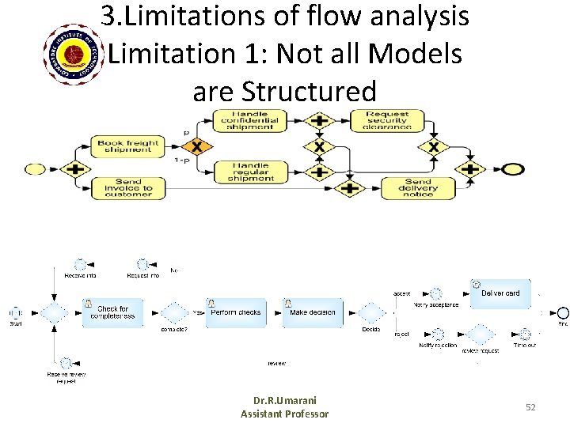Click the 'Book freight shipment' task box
pyautogui.click(x=127, y=146)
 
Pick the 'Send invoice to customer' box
pyautogui.click(x=127, y=187)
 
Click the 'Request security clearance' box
pyautogui.click(x=387, y=120)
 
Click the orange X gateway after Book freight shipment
pyautogui.click(x=197, y=146)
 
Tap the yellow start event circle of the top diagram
pyautogui.click(x=36, y=168)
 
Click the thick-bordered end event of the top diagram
pyautogui.click(x=513, y=168)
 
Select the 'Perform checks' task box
pyautogui.click(x=234, y=312)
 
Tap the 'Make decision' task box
pyautogui.click(x=313, y=312)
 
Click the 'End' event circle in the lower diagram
pyautogui.click(x=562, y=312)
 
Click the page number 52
pyautogui.click(x=530, y=406)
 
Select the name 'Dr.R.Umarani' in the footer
pyautogui.click(x=285, y=401)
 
